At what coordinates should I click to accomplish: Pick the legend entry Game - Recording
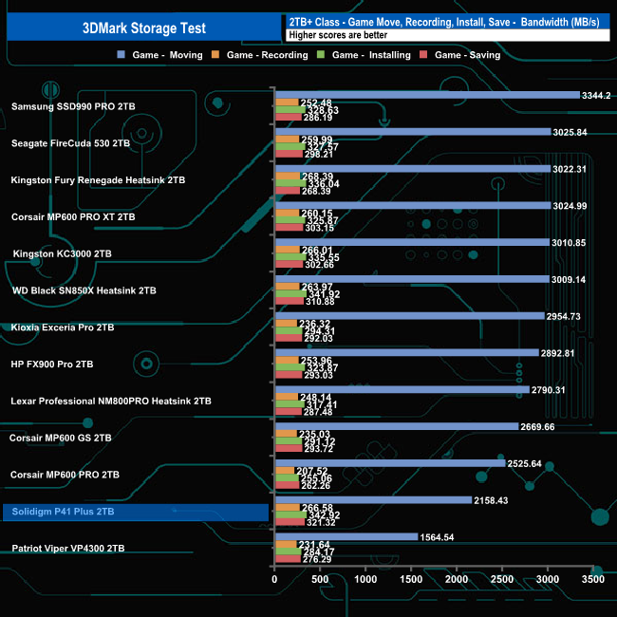[x=266, y=55]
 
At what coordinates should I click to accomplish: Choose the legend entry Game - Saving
[x=465, y=55]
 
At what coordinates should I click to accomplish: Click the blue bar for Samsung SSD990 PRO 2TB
[x=426, y=95]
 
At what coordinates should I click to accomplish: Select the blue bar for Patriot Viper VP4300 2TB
[x=346, y=537]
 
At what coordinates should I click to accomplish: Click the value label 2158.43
[x=493, y=500]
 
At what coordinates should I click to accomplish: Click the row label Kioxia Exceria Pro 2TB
[x=62, y=327]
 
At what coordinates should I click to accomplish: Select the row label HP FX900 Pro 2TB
[x=52, y=365]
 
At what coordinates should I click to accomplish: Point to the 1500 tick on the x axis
[x=411, y=579]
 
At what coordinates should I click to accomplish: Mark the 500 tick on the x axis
[x=320, y=579]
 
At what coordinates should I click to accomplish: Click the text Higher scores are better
[x=331, y=35]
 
